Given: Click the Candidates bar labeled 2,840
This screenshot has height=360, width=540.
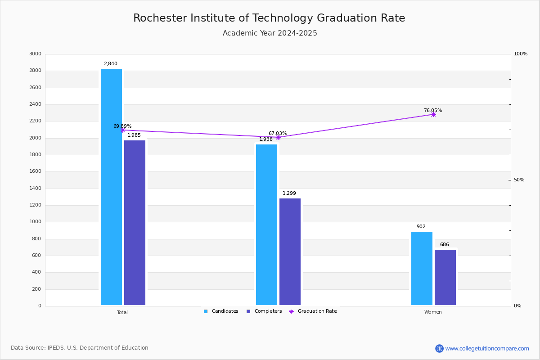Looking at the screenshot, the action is [x=112, y=187].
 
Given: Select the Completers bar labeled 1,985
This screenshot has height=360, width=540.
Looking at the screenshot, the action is [x=135, y=223].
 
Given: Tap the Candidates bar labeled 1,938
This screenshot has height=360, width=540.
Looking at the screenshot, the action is [x=266, y=225].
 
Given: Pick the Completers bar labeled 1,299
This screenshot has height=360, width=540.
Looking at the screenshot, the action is [x=290, y=252].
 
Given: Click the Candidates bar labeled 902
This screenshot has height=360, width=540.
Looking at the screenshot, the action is [x=422, y=268].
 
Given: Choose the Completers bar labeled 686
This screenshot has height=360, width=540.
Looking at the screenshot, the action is [x=445, y=277].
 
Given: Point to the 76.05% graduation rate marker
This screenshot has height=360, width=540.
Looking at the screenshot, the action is [x=433, y=115].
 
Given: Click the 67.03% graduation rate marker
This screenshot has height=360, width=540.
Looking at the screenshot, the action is [x=278, y=137].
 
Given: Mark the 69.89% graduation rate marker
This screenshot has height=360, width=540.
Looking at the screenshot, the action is [x=123, y=130].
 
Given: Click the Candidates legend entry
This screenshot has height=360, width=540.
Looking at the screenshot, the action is [x=221, y=311].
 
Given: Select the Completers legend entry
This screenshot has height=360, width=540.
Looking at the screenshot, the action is [x=264, y=311].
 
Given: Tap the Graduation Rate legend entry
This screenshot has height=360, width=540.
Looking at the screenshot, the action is [x=313, y=311].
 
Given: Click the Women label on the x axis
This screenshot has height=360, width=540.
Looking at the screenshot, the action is [x=433, y=312].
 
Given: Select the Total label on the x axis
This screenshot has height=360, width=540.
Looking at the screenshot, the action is [x=122, y=312].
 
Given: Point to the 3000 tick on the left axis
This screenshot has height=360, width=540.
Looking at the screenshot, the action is [x=35, y=54].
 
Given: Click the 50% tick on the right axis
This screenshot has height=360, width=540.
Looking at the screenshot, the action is [x=519, y=180].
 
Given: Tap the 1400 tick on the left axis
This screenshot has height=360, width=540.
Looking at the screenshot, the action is [x=35, y=188].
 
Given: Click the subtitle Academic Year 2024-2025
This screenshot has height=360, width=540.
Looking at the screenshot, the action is [x=270, y=33].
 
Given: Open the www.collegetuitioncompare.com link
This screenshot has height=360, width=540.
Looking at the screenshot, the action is [x=487, y=348].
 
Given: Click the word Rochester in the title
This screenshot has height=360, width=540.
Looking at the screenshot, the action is [x=160, y=18].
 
